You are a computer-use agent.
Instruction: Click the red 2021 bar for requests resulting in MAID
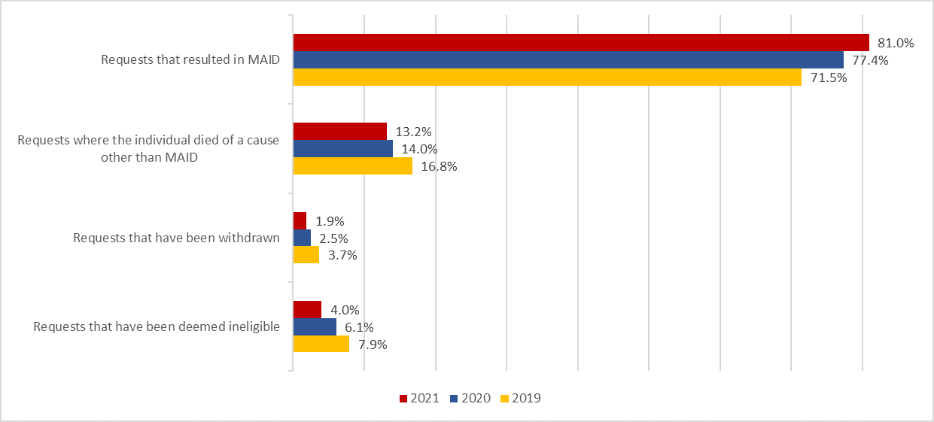click(x=580, y=43)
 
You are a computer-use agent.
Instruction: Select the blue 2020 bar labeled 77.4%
click(x=567, y=60)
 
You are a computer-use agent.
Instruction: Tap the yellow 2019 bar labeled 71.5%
click(x=546, y=77)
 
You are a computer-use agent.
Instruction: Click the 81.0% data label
click(x=896, y=44)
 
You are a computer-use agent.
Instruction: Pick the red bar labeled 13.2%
click(x=339, y=132)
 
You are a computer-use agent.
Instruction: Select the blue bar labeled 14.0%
click(x=342, y=149)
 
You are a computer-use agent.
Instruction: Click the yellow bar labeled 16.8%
click(x=352, y=166)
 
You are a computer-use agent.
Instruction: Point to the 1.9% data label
click(x=330, y=222)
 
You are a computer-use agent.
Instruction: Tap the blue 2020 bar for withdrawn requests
click(x=302, y=238)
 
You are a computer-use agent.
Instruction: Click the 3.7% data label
click(x=342, y=256)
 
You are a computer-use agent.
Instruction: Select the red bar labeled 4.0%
click(x=307, y=310)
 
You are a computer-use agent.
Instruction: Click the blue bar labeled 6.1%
click(x=315, y=327)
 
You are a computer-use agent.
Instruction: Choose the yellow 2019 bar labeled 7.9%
click(x=321, y=345)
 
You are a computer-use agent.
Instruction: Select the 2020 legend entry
click(x=470, y=398)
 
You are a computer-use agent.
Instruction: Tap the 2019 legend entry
click(x=520, y=398)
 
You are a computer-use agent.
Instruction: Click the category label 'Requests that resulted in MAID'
click(x=190, y=60)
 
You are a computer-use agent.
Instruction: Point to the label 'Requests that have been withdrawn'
click(x=177, y=238)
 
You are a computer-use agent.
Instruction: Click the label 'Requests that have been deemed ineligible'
click(x=157, y=326)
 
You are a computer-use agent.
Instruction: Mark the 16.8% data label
click(x=439, y=167)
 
